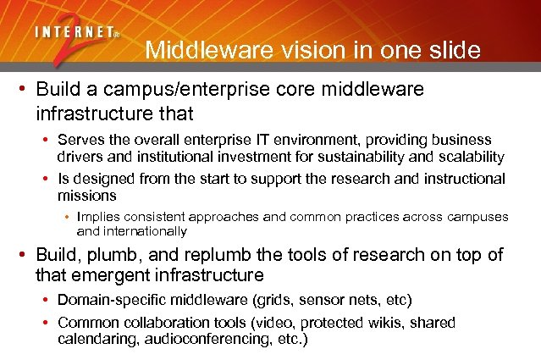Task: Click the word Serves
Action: (78, 140)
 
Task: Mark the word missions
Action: (84, 196)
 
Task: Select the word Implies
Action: (97, 218)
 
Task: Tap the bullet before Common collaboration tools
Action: (46, 323)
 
